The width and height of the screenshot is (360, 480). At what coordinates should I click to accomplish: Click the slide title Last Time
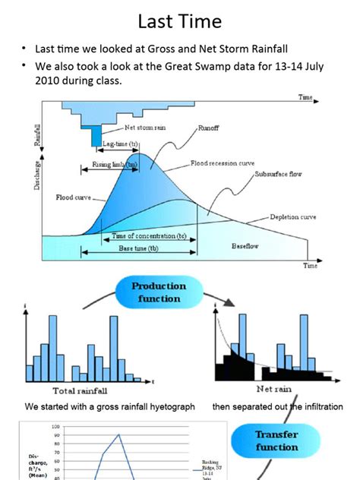pos(179,21)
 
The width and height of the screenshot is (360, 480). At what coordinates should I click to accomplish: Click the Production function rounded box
pos(158,292)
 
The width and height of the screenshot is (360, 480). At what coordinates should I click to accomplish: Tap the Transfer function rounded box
pos(276,441)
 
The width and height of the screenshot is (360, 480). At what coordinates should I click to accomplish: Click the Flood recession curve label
pos(223,163)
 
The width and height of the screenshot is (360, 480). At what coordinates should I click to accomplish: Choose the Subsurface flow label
pos(277,174)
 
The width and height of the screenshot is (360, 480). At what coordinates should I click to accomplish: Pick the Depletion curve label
pos(293,216)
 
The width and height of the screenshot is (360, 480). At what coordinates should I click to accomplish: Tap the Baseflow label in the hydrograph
pos(247,246)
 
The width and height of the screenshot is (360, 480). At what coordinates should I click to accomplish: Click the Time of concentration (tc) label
pos(149,235)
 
